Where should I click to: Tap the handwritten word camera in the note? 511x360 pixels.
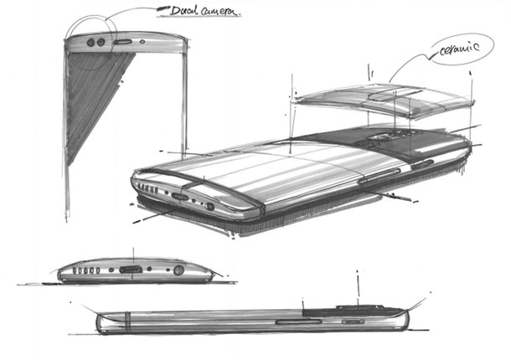pos(220,12)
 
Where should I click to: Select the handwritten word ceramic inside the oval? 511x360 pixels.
pos(459,49)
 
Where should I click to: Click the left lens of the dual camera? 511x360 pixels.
pos(91,43)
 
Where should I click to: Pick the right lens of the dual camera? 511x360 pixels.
pos(101,42)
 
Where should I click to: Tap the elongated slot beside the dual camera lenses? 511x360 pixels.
pos(122,42)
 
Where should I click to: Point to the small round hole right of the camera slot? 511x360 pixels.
pos(142,42)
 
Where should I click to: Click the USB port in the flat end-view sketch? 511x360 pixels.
pos(131,270)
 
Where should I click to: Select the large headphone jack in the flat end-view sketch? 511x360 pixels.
pos(178,270)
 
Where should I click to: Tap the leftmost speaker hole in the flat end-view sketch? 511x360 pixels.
pos(75,270)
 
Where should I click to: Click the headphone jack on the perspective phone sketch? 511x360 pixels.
pos(209,206)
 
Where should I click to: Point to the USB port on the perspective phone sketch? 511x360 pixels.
pos(180,197)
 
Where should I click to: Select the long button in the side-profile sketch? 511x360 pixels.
pos(298,321)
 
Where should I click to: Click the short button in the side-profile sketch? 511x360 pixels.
pos(353,321)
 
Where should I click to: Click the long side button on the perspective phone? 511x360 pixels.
pos(379,176)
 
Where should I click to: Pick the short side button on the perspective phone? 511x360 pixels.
pos(422,165)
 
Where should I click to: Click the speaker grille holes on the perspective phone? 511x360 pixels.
pos(148,188)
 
